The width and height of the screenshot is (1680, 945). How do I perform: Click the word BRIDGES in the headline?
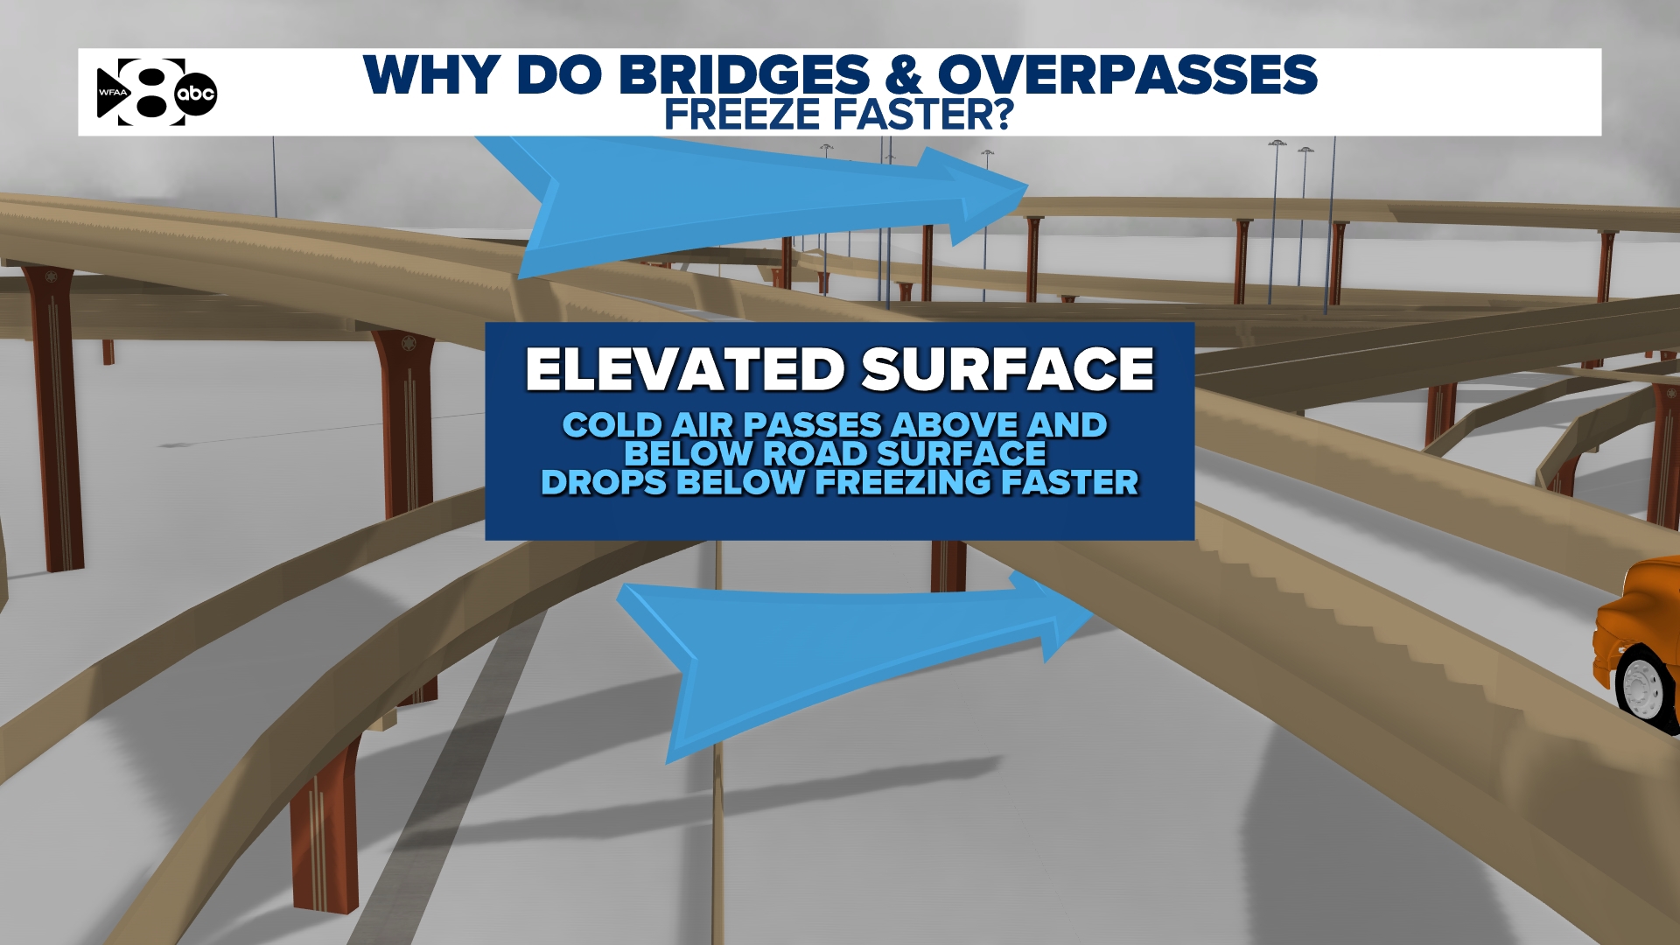(x=745, y=75)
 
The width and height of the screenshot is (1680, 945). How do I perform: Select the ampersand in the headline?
(x=904, y=75)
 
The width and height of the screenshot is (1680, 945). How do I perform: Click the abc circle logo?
(x=195, y=94)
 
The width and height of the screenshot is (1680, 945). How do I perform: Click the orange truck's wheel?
(x=1641, y=683)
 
